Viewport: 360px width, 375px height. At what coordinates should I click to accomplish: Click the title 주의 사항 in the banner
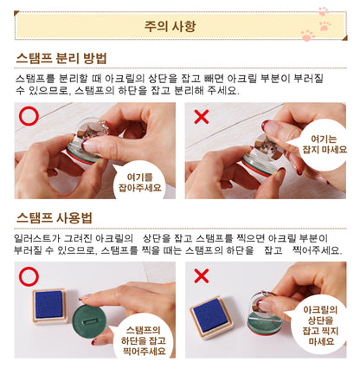click(x=170, y=26)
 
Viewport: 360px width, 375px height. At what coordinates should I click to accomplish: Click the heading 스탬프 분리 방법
click(x=61, y=58)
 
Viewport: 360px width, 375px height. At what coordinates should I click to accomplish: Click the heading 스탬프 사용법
click(x=54, y=217)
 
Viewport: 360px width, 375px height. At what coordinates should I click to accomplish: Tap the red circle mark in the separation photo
click(x=29, y=116)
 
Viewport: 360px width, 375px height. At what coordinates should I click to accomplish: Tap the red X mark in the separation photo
click(x=202, y=117)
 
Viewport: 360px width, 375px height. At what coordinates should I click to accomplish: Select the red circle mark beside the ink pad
click(x=29, y=276)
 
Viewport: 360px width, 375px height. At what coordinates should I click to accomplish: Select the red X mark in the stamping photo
click(x=202, y=276)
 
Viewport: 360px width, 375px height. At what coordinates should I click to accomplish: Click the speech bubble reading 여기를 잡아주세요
click(x=140, y=182)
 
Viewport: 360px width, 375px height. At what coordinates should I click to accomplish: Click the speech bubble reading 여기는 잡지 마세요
click(x=322, y=145)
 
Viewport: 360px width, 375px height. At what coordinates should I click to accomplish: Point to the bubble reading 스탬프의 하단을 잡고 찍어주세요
click(x=144, y=339)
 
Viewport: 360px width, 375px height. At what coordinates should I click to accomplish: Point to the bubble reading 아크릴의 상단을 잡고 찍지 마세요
click(x=318, y=326)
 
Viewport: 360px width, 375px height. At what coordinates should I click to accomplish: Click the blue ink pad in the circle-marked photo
click(x=49, y=305)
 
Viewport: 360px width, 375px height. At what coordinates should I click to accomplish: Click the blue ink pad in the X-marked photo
click(x=209, y=314)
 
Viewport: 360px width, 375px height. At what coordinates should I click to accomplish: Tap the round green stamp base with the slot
click(x=89, y=321)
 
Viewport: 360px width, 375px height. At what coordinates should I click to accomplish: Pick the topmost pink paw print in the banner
click(x=324, y=11)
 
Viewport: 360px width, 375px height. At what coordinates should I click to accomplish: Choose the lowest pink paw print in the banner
click(x=307, y=36)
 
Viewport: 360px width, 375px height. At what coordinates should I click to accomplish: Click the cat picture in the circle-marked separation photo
click(x=91, y=132)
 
